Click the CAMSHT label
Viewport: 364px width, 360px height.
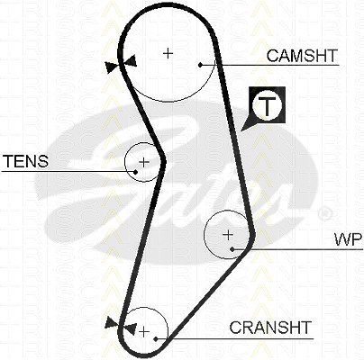click(x=302, y=56)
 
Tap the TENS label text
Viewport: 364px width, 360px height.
click(x=25, y=161)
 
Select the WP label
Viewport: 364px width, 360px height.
click(x=349, y=239)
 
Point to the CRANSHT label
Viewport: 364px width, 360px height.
click(x=270, y=327)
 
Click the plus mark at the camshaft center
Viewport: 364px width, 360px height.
click(x=168, y=53)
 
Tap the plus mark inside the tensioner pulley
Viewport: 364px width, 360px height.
click(x=144, y=162)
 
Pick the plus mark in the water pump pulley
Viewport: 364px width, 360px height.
click(x=228, y=235)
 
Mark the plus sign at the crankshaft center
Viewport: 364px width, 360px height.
click(x=144, y=332)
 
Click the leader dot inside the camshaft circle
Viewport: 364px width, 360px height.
click(x=200, y=65)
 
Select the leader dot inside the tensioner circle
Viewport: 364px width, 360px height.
click(x=135, y=172)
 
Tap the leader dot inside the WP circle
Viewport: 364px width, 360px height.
click(x=232, y=249)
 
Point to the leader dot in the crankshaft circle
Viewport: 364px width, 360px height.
click(x=156, y=339)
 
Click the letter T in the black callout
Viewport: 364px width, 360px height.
click(x=267, y=105)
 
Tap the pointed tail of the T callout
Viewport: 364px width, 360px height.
click(x=241, y=130)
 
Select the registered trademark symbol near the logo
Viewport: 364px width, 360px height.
click(x=324, y=213)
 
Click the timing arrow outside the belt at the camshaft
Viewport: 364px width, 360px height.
click(x=111, y=67)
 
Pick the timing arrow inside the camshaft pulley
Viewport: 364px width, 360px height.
click(x=132, y=60)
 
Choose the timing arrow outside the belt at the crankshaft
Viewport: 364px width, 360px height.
click(x=113, y=322)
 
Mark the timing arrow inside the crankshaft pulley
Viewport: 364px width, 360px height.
click(x=131, y=328)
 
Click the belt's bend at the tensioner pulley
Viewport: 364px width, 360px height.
click(x=163, y=161)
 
